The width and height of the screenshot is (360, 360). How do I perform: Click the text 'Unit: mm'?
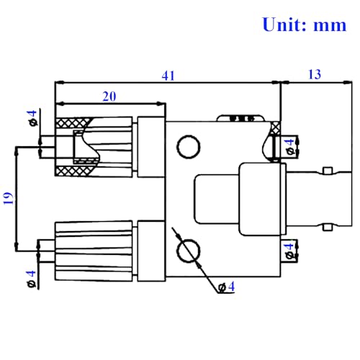pos(305,24)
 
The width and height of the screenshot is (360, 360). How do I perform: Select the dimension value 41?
pos(168,76)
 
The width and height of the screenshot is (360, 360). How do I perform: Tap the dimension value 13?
pos(315,74)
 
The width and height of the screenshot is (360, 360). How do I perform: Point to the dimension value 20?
pos(109,96)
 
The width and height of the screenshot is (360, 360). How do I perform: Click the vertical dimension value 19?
pos(9,198)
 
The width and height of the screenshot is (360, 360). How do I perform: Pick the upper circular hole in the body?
pos(189,147)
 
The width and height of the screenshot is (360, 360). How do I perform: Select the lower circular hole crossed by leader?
pos(189,251)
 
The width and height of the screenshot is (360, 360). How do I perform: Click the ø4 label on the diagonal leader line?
pos(226,287)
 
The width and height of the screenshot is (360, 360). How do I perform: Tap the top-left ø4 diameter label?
pos(32,118)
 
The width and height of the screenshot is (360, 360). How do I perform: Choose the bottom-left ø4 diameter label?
pos(32,279)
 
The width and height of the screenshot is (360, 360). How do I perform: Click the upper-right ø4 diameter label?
pos(290,147)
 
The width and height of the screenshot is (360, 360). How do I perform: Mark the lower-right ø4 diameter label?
pos(289,251)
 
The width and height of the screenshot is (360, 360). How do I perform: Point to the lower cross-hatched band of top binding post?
pos(73,171)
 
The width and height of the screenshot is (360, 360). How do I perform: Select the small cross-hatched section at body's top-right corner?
pos(276,127)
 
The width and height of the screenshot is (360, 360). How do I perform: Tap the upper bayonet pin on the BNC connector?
pos(328,171)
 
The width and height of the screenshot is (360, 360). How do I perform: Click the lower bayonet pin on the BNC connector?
pos(328,228)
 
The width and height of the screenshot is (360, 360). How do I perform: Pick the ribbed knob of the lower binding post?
pos(94,251)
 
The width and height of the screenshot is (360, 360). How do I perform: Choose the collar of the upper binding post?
pos(151,147)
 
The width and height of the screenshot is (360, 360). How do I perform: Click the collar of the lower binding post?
pos(151,251)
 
